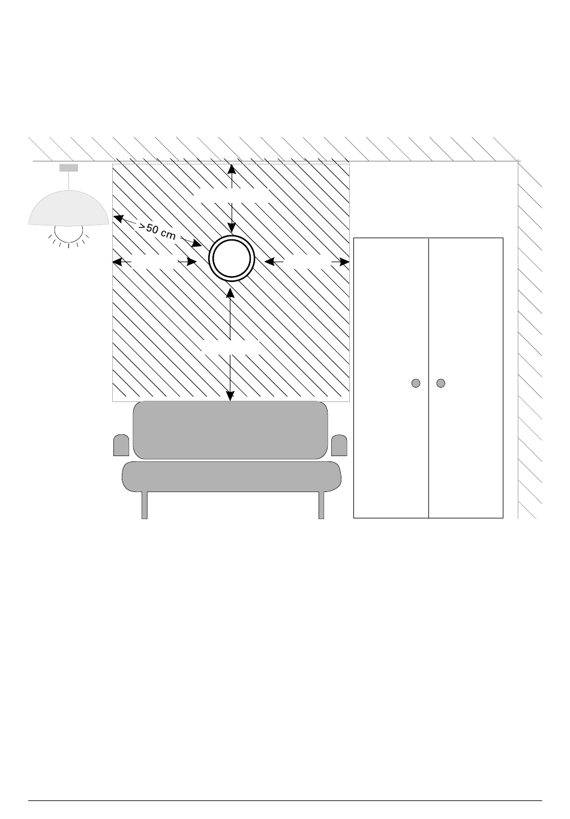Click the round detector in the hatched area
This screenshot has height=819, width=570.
click(232, 258)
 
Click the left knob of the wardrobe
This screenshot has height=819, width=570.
click(416, 383)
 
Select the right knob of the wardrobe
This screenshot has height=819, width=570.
click(440, 383)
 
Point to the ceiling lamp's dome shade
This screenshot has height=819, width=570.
click(69, 208)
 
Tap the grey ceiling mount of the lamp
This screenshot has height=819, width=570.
click(69, 168)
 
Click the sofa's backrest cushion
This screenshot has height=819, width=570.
click(230, 430)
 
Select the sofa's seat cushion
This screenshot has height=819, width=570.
click(232, 476)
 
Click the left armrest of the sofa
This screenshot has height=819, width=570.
click(121, 445)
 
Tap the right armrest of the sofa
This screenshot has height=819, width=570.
click(339, 445)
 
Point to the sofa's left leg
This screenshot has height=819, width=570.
click(145, 505)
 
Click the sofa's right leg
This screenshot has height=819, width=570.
click(322, 505)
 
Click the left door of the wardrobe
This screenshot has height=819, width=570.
click(391, 378)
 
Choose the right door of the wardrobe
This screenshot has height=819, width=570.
click(466, 378)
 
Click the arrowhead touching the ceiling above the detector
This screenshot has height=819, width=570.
click(232, 169)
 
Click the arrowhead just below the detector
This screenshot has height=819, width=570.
click(230, 293)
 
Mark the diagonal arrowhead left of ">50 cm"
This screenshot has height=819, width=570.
click(118, 218)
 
